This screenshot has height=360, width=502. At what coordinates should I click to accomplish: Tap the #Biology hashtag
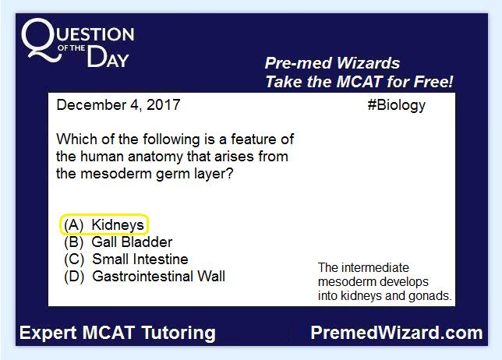(396, 105)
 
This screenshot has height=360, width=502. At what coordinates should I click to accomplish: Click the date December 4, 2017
(118, 105)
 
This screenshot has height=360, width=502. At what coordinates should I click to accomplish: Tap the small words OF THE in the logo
(72, 48)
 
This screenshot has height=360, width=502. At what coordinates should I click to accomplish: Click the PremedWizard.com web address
(397, 333)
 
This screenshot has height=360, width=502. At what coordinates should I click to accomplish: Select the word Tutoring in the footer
(179, 334)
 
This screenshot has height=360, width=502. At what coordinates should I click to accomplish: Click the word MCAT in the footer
(108, 333)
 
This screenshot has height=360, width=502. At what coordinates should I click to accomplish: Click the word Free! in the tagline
(433, 81)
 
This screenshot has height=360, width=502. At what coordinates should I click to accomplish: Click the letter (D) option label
(74, 277)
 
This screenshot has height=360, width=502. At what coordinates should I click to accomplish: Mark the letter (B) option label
(73, 242)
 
